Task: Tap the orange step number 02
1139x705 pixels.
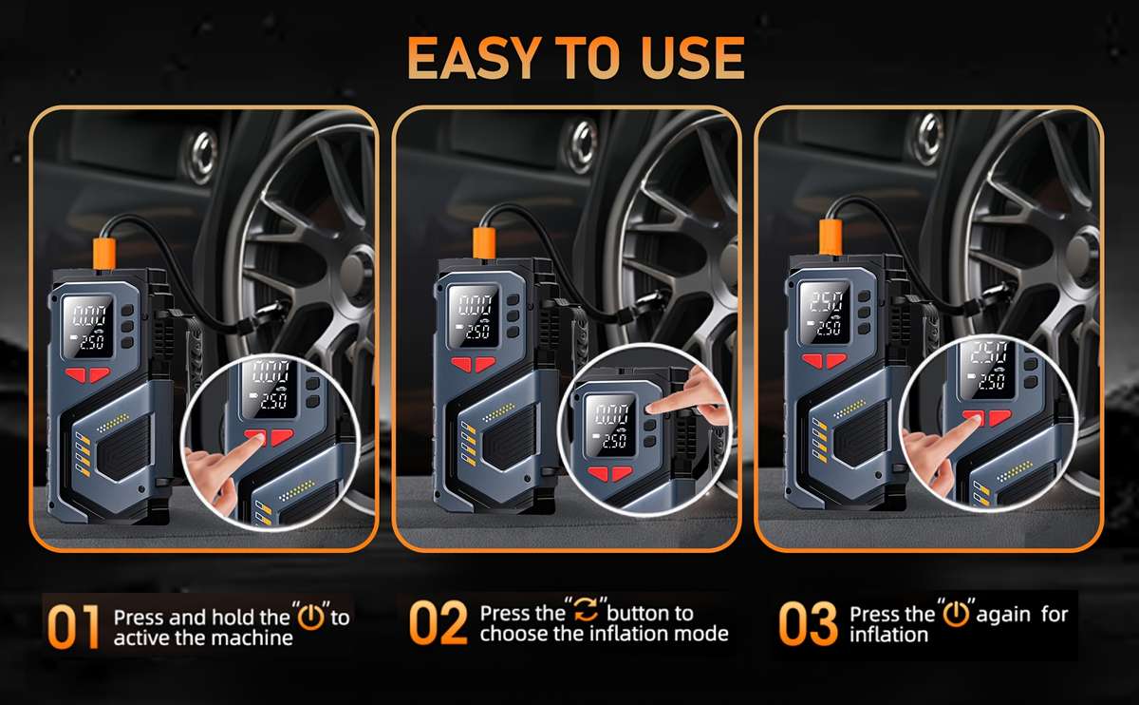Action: pos(439,623)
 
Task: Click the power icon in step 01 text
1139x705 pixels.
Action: pos(310,617)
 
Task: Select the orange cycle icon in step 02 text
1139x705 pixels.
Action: pos(585,613)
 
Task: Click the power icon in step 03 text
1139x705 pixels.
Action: pos(955,615)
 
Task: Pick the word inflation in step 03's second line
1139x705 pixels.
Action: pos(888,634)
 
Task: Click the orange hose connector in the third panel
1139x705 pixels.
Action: pos(831,237)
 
